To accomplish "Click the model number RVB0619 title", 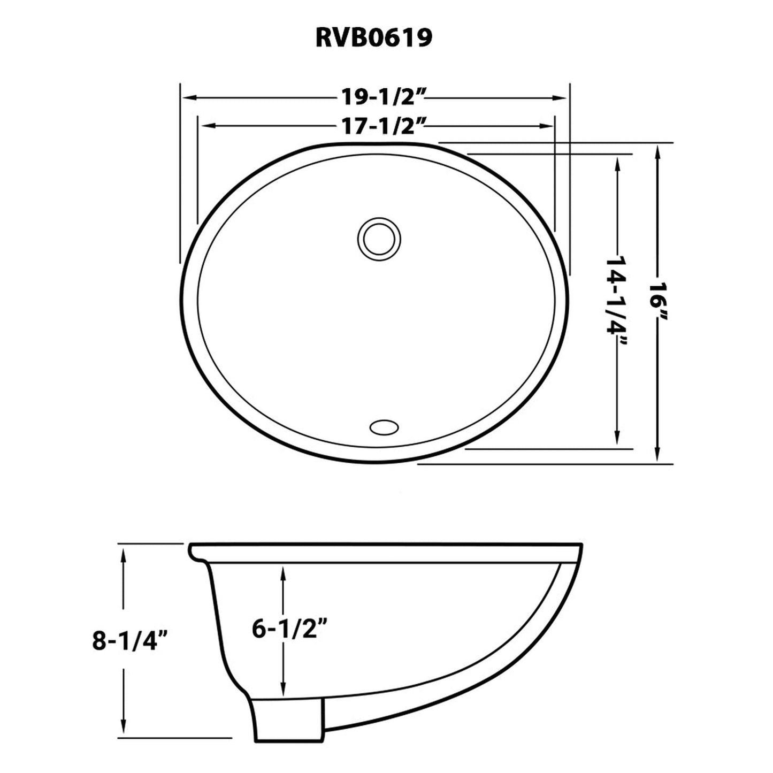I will [374, 38].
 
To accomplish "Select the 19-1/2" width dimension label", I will [384, 97].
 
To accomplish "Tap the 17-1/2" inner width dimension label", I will [384, 126].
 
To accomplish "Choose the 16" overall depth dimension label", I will [657, 302].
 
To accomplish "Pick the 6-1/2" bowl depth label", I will [290, 629].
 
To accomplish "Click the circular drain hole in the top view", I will [378, 238].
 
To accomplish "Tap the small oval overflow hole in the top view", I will [384, 427].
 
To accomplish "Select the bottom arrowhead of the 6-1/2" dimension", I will [284, 690].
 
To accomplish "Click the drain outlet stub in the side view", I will [289, 718].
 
